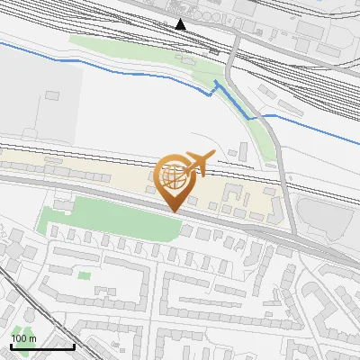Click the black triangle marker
click(x=181, y=24)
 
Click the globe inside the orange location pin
click(x=175, y=177)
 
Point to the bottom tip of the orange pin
click(x=174, y=211)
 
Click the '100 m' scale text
click(x=23, y=338)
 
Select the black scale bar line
click(x=41, y=346)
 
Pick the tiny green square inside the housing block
click(x=84, y=275)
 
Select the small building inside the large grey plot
click(x=52, y=94)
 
